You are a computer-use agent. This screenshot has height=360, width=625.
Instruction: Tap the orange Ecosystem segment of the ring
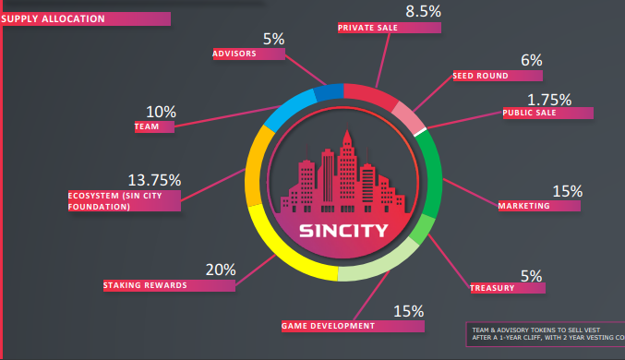pos(255,167)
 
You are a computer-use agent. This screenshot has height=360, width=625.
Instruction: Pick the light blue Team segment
pos(289,109)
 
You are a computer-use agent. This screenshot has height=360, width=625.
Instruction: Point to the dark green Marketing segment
pos(433,175)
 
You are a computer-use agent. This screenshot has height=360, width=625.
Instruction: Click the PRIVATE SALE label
pos(367,28)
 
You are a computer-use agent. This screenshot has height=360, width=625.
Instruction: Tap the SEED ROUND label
pos(480,76)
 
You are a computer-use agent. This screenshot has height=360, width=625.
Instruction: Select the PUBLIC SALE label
pos(529,113)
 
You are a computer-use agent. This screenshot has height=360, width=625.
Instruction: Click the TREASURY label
pos(492,288)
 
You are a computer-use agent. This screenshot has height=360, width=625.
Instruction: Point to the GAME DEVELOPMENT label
pos(328,326)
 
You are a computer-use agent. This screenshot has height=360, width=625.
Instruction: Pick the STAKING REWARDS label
pos(145,285)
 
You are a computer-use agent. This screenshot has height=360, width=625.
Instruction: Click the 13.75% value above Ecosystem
pos(154,180)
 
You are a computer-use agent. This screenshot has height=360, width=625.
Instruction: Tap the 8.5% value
pos(424,12)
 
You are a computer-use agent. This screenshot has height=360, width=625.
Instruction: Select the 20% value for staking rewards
pos(221,270)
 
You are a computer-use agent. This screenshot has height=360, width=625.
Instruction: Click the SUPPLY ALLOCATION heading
pos(53,18)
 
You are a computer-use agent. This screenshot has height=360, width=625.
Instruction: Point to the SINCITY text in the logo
pos(343,231)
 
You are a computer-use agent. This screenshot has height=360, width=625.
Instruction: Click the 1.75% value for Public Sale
pos(549,100)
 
